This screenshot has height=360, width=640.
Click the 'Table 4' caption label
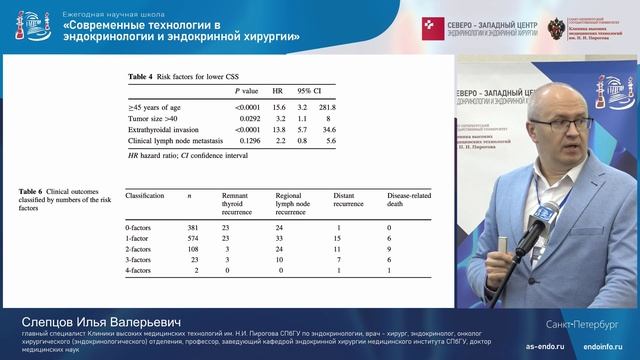coord(138,77)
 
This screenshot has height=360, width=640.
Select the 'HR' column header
coord(278,91)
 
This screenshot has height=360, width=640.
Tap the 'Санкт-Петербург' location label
coord(584,324)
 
